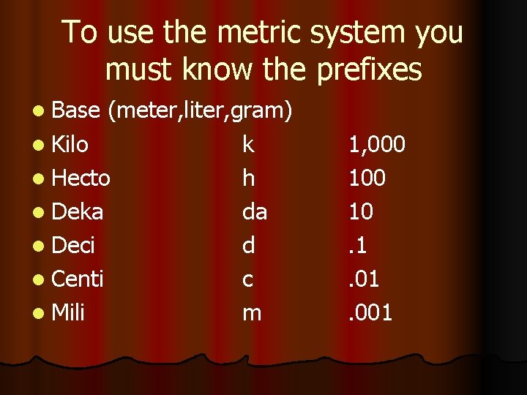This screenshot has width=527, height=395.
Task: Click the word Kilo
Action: click(x=70, y=145)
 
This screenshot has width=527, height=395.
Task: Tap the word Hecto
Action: click(x=81, y=178)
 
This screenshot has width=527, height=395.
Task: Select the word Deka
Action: click(x=78, y=212)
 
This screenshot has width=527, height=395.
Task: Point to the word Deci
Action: click(x=74, y=246)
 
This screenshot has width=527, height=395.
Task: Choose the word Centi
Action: click(x=78, y=279)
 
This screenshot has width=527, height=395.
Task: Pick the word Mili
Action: click(x=69, y=313)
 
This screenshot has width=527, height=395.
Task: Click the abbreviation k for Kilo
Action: click(x=249, y=145)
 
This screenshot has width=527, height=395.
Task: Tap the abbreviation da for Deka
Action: click(x=255, y=212)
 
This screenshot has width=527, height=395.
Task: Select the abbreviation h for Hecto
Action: click(x=249, y=178)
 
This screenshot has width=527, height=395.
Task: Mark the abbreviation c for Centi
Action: click(x=248, y=279)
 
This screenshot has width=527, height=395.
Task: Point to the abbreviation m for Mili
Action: click(x=251, y=313)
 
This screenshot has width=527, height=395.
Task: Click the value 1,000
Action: click(x=376, y=145)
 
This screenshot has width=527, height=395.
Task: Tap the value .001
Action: click(x=370, y=313)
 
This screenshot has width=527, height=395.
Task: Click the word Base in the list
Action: click(x=76, y=111)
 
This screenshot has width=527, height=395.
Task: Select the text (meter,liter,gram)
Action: click(x=200, y=111)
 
